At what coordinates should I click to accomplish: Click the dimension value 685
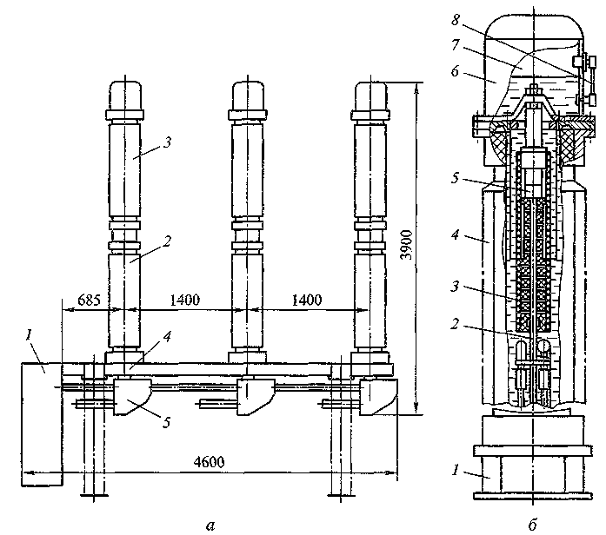click(x=89, y=300)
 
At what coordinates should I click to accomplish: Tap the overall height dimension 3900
click(x=407, y=246)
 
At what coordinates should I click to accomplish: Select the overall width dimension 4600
click(x=209, y=462)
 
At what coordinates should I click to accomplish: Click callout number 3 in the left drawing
click(x=167, y=142)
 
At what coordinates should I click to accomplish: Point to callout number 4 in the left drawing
click(x=167, y=337)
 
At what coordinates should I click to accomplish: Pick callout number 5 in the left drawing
click(x=167, y=422)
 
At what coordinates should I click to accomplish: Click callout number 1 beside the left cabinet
click(x=28, y=335)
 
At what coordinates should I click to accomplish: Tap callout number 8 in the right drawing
click(x=456, y=20)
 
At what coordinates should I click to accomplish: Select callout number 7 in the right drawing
click(x=456, y=45)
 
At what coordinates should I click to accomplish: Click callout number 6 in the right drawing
click(x=456, y=71)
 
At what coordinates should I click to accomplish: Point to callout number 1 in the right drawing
click(x=456, y=470)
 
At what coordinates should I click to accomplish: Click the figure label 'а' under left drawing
click(x=210, y=525)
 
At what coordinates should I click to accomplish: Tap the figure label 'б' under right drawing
click(x=532, y=525)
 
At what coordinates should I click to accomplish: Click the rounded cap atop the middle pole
click(x=248, y=96)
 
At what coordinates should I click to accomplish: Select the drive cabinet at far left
click(x=42, y=424)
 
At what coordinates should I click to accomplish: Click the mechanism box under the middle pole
click(x=255, y=396)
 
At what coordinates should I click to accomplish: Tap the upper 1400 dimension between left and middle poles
click(x=185, y=300)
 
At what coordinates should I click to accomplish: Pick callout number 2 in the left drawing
click(x=167, y=241)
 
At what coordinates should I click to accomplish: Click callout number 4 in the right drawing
click(x=456, y=234)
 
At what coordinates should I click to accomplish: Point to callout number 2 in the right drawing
click(x=456, y=323)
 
